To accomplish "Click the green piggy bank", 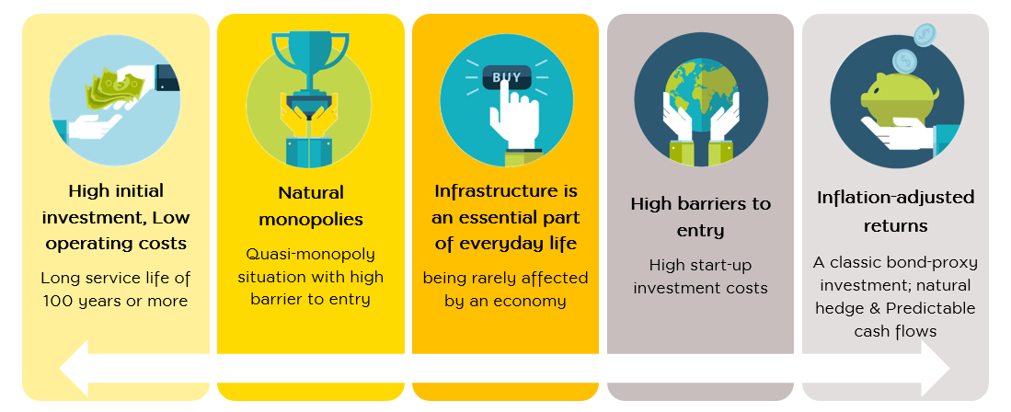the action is click(x=901, y=97).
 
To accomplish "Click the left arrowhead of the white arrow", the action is click(x=75, y=369).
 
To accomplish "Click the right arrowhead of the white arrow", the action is click(x=936, y=369).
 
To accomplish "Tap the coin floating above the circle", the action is click(x=924, y=34).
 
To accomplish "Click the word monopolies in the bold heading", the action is click(x=311, y=219).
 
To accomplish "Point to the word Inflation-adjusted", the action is click(x=895, y=198).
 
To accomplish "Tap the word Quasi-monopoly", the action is click(x=310, y=255).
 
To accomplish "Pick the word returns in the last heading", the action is click(x=896, y=226).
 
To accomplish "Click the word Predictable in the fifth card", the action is click(x=930, y=308).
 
